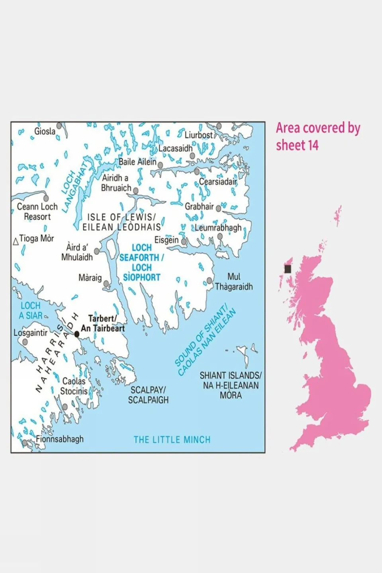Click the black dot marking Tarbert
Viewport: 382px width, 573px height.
[x=77, y=334]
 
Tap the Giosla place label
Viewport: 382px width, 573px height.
[x=45, y=131]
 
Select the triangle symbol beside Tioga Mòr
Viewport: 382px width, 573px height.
[x=16, y=241]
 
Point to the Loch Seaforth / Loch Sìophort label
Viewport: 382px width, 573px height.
[x=141, y=262]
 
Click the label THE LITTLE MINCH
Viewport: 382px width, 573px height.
[x=172, y=440]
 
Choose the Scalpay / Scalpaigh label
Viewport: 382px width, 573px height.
[x=148, y=395]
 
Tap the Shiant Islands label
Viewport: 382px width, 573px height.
[x=231, y=385]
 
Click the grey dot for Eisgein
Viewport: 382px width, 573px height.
[x=184, y=241]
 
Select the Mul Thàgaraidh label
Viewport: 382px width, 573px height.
[x=234, y=282]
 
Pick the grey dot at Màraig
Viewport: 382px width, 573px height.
[x=106, y=284]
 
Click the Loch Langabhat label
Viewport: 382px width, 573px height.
[x=74, y=185]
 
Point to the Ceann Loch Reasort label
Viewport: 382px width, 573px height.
[x=37, y=211]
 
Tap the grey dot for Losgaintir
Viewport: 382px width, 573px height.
[x=25, y=342]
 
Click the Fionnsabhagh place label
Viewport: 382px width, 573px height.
[x=60, y=439]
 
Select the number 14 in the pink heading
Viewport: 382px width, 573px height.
[x=313, y=145]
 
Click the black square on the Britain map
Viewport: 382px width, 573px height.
[x=288, y=269]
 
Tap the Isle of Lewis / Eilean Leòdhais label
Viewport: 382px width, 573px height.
[x=121, y=222]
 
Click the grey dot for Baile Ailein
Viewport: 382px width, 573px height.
[x=161, y=165]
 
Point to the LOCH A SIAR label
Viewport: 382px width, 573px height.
[x=31, y=311]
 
